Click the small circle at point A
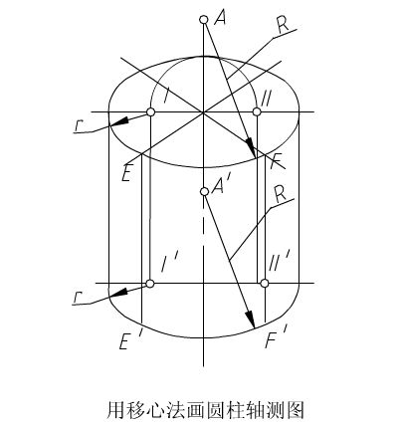204,20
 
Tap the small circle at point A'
204,192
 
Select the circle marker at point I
150,112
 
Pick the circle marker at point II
257,111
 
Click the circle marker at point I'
150,284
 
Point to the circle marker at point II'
265,284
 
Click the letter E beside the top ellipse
126,172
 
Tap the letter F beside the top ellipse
277,161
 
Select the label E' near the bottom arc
127,340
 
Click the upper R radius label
284,24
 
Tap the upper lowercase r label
79,125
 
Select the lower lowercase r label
77,298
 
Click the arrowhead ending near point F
251,148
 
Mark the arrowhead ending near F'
250,320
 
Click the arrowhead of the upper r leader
119,122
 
